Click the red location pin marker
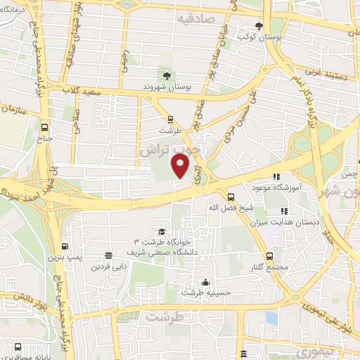181,166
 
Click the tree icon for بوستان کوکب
259,25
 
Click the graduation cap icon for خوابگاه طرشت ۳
162,231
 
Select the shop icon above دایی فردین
108,256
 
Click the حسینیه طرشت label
202,292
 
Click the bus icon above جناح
44,128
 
